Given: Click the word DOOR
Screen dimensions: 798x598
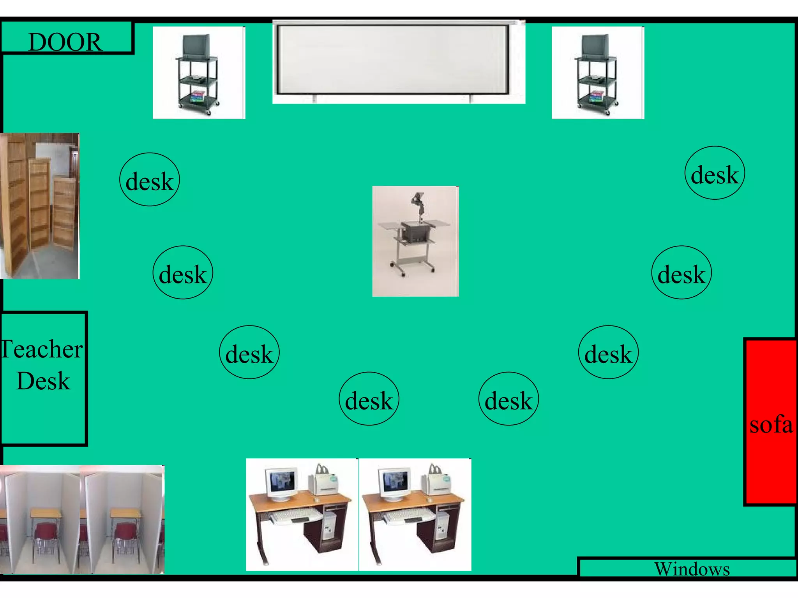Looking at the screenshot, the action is pyautogui.click(x=65, y=42).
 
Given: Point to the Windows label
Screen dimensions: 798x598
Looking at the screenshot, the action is pyautogui.click(x=692, y=569).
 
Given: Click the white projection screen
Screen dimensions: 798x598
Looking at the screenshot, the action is pyautogui.click(x=393, y=59).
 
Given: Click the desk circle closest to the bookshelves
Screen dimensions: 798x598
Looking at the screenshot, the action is pyautogui.click(x=150, y=179).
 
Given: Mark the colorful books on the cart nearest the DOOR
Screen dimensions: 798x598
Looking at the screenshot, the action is pyautogui.click(x=198, y=96).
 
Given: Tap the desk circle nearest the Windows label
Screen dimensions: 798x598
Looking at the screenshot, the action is pyautogui.click(x=608, y=352).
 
